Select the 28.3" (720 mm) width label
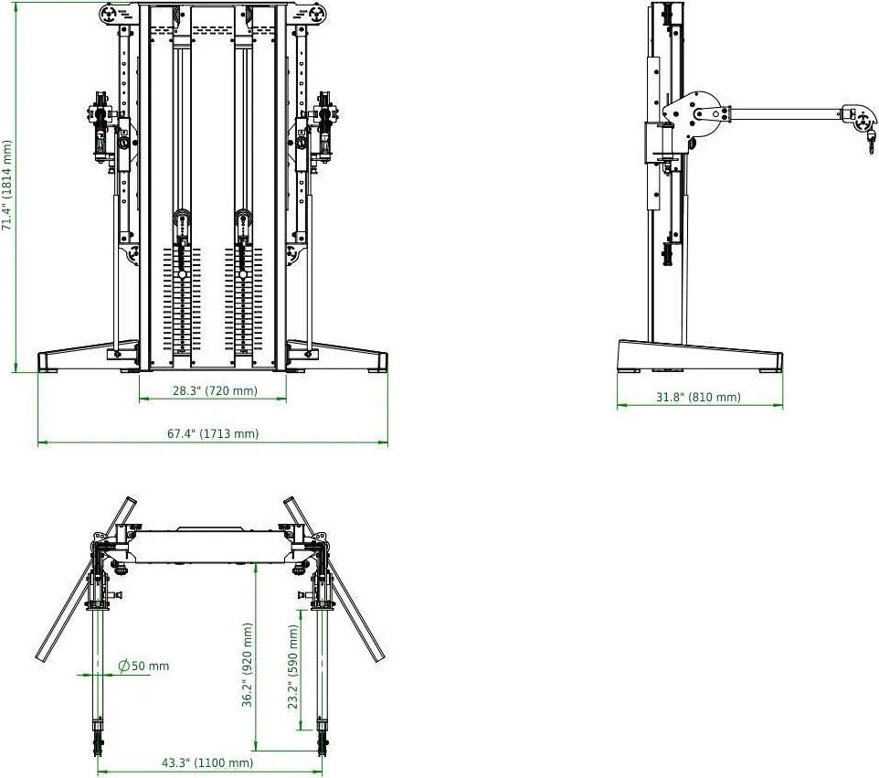tap(215, 391)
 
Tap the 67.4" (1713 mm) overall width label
tap(213, 433)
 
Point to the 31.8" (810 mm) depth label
tap(699, 397)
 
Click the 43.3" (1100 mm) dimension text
tap(207, 762)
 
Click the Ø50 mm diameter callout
tap(144, 666)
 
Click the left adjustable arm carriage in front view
tap(103, 133)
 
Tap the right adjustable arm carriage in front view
tap(323, 133)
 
